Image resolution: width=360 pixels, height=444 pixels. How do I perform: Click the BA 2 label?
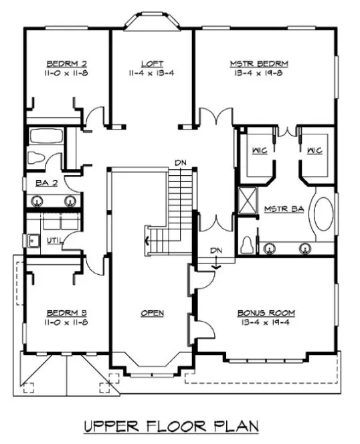[x=36, y=182]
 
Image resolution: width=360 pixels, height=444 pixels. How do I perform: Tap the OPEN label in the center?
[x=153, y=312]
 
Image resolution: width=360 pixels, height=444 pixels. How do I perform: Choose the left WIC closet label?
[x=260, y=151]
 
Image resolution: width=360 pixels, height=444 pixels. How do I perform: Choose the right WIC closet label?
[x=314, y=151]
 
